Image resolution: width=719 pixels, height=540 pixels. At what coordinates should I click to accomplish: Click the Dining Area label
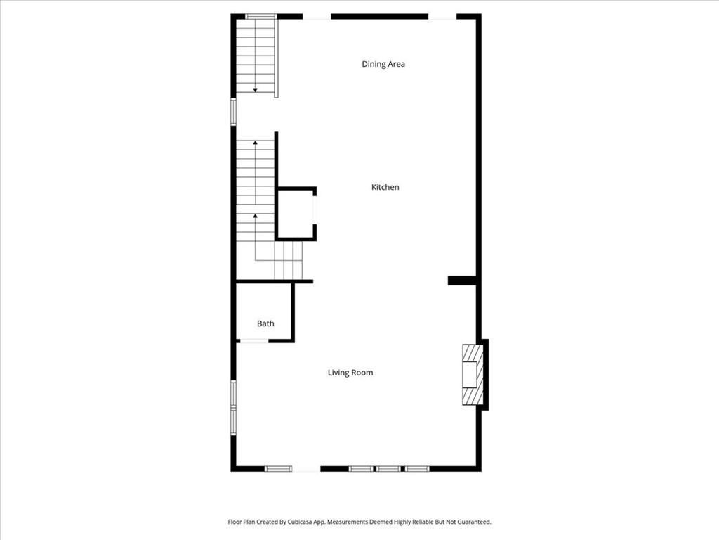coord(383,64)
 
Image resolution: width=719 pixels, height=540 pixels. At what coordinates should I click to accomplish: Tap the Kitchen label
coord(385,187)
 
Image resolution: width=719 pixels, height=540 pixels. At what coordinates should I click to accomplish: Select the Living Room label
coord(350,373)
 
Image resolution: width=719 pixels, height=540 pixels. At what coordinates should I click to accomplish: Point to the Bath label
coord(265,323)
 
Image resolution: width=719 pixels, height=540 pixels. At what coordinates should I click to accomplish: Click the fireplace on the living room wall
coord(473,374)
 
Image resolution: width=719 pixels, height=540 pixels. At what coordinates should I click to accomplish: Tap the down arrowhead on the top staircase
coord(256,90)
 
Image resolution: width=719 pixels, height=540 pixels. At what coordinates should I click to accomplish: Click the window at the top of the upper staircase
coord(260,17)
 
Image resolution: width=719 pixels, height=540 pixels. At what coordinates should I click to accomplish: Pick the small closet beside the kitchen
coord(296,214)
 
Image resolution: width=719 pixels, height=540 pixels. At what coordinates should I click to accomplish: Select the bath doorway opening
coord(254,341)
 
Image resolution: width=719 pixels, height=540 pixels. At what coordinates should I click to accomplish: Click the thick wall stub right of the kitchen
coord(463,280)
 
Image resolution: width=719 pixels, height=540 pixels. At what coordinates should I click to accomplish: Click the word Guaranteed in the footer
coord(475,522)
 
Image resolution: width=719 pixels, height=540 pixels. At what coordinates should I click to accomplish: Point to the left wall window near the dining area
coord(233,112)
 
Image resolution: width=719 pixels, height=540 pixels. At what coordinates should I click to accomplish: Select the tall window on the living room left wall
coord(233,407)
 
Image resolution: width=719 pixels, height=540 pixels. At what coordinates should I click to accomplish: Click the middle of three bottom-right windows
coord(388,469)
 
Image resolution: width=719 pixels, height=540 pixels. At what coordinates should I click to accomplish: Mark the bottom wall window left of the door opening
coord(278,469)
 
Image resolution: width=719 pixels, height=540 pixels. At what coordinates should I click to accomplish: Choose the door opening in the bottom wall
coord(306,469)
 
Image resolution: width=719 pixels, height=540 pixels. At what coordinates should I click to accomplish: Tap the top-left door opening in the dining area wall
coord(317,17)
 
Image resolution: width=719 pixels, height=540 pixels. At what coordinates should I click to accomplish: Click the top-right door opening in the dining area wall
coord(442,17)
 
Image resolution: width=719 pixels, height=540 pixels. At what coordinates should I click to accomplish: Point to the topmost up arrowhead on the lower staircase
coord(256,143)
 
